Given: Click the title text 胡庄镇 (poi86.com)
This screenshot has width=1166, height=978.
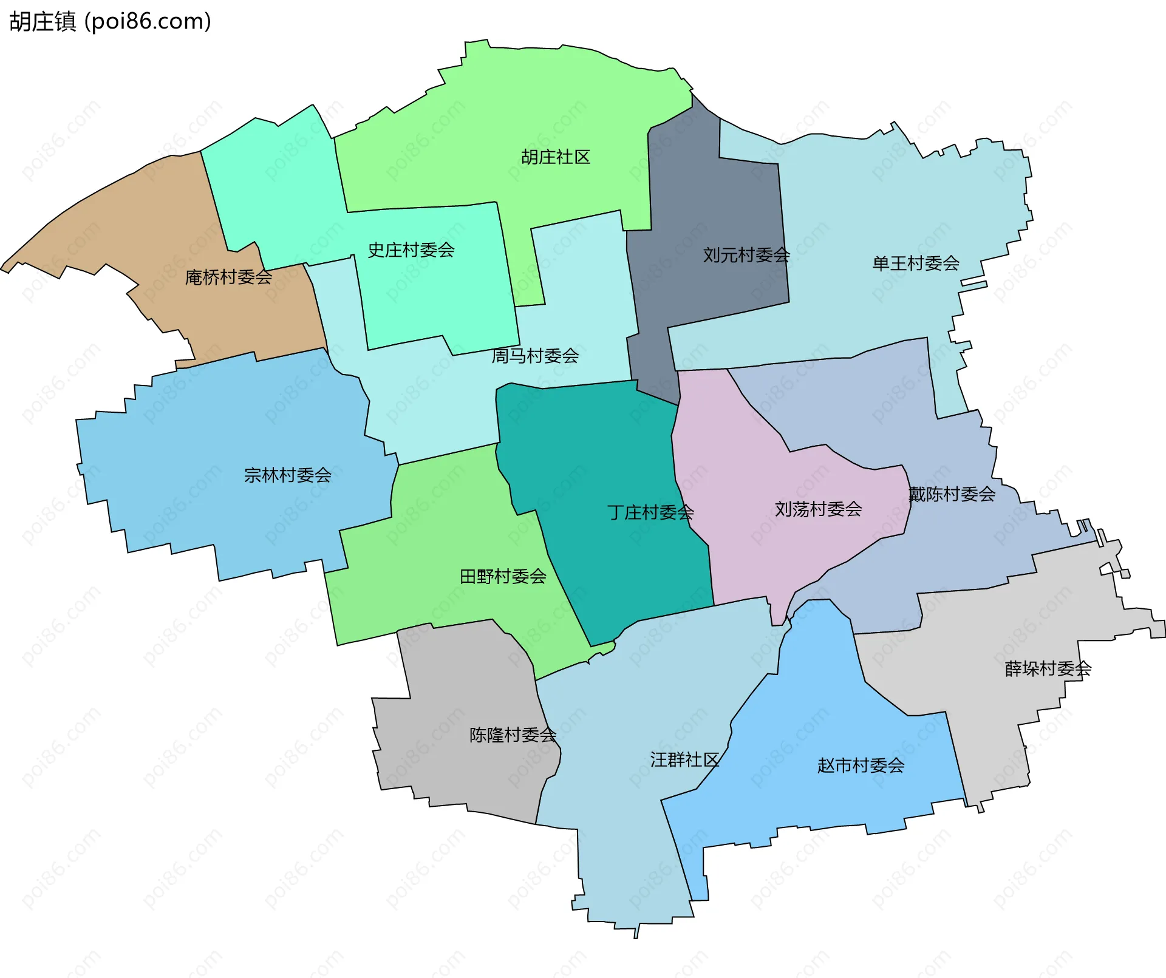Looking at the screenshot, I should pyautogui.click(x=110, y=21).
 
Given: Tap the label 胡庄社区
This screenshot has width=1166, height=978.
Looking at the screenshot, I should pyautogui.click(x=556, y=157).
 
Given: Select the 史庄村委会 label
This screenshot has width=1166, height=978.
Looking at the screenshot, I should pyautogui.click(x=411, y=250).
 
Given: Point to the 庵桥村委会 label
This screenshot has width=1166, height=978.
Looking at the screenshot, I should pyautogui.click(x=228, y=277).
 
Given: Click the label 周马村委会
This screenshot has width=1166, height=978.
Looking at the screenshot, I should pyautogui.click(x=535, y=356).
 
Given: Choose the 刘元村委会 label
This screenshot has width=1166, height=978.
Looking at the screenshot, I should pyautogui.click(x=746, y=255).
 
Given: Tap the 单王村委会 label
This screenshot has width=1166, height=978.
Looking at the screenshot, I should pyautogui.click(x=916, y=263).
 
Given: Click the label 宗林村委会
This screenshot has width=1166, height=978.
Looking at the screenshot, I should pyautogui.click(x=288, y=475).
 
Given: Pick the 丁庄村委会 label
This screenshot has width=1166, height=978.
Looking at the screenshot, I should pyautogui.click(x=650, y=513).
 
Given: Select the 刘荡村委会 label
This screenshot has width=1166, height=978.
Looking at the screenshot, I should pyautogui.click(x=818, y=509).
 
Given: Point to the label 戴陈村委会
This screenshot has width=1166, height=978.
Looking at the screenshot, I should pyautogui.click(x=952, y=495).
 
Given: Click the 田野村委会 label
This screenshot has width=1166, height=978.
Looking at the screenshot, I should pyautogui.click(x=503, y=577).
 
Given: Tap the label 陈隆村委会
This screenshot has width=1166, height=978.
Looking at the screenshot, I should pyautogui.click(x=513, y=735).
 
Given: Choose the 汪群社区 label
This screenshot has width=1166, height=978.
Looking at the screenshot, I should pyautogui.click(x=684, y=760).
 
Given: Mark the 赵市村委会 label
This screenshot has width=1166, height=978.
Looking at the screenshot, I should pyautogui.click(x=861, y=766).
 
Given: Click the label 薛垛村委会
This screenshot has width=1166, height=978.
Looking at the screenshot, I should pyautogui.click(x=1048, y=669).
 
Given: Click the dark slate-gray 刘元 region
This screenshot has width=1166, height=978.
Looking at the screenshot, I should pyautogui.click(x=711, y=194).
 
